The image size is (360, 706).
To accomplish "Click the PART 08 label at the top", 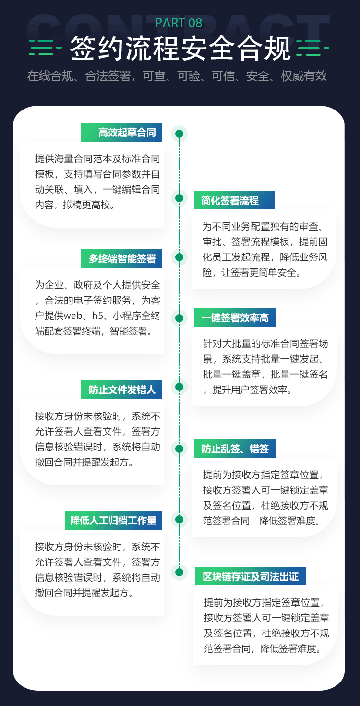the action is point(179,23).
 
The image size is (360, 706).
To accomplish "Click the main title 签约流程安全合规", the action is point(180,48).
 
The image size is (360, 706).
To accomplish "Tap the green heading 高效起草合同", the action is point(127,133).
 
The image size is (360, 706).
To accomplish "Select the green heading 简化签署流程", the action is point(230,200).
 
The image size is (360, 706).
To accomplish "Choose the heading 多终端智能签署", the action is point(122,259).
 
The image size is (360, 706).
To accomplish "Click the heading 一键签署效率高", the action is point(235,317).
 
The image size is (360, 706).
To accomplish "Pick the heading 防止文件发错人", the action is point(122,390).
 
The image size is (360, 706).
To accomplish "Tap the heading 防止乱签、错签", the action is point(235,449).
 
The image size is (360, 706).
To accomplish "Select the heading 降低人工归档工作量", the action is point(113,520).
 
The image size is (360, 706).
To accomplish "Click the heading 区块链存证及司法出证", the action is point(251,576).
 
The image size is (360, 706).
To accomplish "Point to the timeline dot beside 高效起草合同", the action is point(179,134).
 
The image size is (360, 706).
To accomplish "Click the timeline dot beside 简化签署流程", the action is point(179,198).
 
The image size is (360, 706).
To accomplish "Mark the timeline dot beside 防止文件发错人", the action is point(179,387).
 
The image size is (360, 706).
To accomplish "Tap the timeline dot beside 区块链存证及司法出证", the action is point(179,572).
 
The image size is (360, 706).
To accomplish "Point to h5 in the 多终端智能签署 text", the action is point(97,316).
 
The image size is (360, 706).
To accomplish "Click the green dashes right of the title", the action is point(313,48).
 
